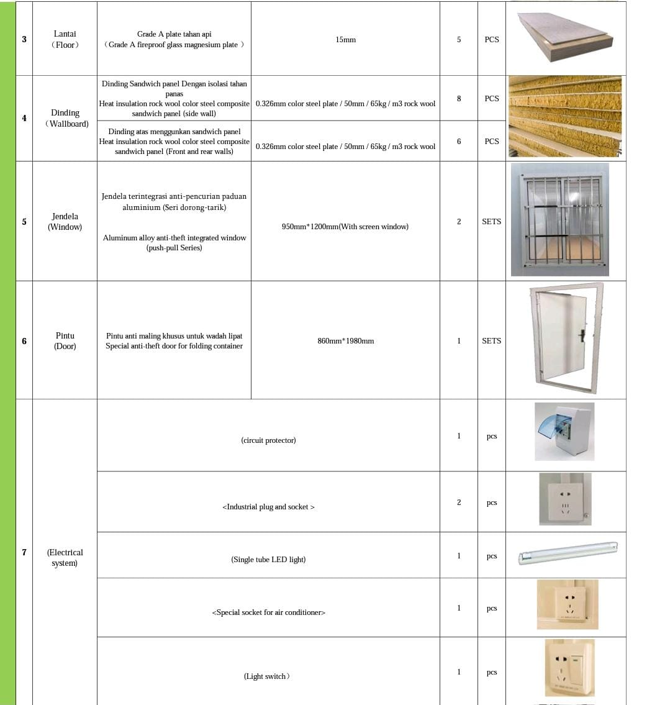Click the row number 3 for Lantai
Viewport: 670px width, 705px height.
coord(24,39)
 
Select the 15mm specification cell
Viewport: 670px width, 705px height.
coord(345,40)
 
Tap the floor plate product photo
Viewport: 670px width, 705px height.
coord(565,37)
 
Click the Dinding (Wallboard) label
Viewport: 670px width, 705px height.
coord(65,118)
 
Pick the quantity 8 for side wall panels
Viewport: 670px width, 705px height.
coord(459,98)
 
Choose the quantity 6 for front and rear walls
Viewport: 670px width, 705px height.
coord(459,141)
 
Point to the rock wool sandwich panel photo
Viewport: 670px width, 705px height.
coord(565,117)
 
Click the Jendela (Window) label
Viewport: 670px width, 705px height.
coord(65,222)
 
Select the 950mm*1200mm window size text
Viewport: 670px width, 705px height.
coord(345,227)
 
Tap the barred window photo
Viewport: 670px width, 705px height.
coord(560,219)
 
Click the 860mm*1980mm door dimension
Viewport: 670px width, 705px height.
coord(345,341)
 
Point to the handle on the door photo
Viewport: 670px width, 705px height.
coord(582,336)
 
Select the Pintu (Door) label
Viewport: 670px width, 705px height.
coord(65,341)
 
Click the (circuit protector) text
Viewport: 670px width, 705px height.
coord(268,440)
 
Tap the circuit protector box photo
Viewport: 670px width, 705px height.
coord(564,432)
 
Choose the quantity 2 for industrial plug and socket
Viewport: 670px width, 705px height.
coord(459,503)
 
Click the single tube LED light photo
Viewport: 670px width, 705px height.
coord(568,552)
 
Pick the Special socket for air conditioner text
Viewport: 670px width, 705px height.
coord(268,612)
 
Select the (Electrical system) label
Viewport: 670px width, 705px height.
coord(65,558)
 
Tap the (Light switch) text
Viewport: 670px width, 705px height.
coord(266,676)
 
